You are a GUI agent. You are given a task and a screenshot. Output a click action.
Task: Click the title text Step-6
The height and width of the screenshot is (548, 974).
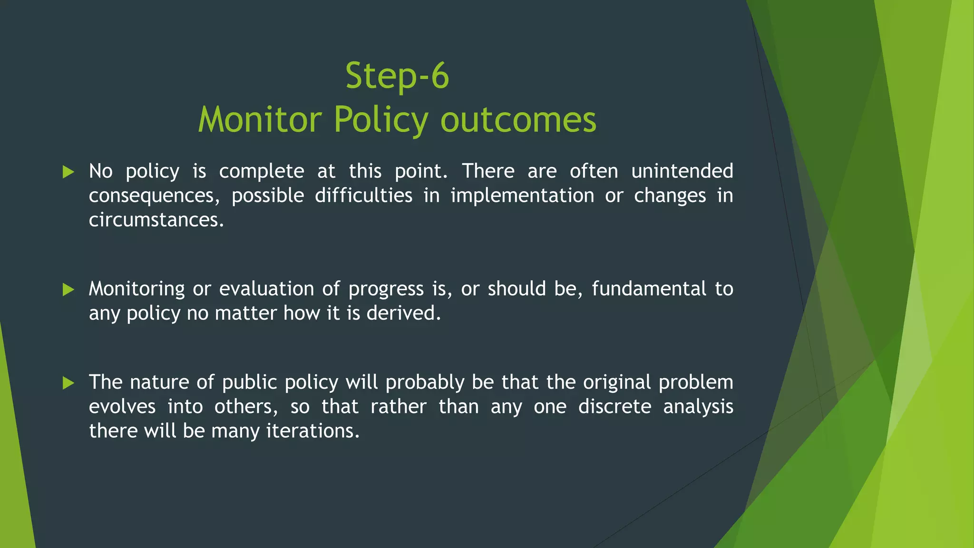(x=397, y=76)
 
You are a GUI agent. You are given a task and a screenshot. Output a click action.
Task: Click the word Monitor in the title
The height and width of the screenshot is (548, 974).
(x=260, y=119)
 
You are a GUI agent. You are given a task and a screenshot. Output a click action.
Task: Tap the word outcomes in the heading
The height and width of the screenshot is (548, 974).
(x=518, y=119)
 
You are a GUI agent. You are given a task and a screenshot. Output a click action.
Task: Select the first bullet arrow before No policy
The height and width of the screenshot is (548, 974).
(x=68, y=172)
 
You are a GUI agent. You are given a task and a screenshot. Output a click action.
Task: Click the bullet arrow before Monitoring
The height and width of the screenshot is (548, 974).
(x=68, y=289)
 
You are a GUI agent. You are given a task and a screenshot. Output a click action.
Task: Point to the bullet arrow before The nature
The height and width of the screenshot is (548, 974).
(x=68, y=382)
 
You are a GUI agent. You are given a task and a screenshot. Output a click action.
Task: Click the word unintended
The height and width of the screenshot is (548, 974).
(x=682, y=171)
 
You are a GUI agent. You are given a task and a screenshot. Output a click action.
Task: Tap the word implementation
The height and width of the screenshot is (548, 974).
(x=522, y=196)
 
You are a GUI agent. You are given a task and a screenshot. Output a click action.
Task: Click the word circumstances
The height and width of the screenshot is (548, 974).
(x=156, y=220)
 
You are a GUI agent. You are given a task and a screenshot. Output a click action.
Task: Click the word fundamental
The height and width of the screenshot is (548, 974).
(x=649, y=289)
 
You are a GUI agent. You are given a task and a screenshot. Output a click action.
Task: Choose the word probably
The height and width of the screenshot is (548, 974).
(x=425, y=383)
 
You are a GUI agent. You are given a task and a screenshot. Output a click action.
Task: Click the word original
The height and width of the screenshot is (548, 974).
(x=616, y=382)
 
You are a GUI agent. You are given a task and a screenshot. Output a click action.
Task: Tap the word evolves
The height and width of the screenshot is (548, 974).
(x=122, y=407)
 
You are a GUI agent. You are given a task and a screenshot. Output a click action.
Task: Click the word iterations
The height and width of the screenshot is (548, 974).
(x=312, y=431)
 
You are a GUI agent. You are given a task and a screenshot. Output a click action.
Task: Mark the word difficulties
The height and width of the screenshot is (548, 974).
(x=363, y=196)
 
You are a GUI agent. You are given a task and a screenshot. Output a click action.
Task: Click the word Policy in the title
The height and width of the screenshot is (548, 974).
(x=380, y=119)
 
